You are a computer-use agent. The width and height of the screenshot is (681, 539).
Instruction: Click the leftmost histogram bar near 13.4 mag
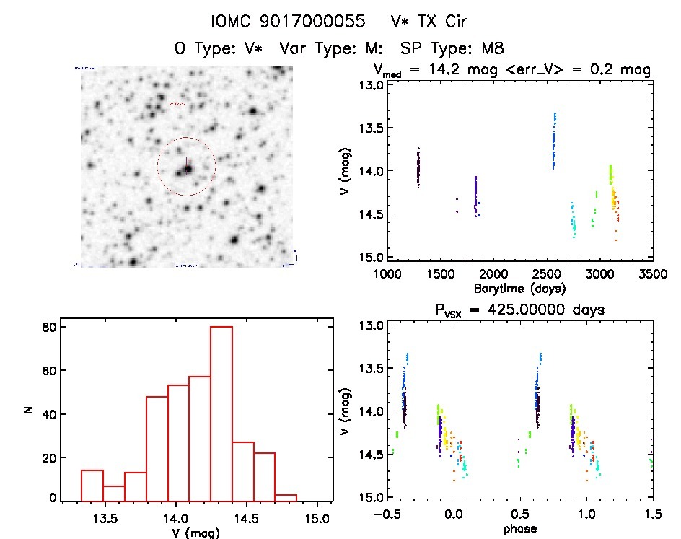[92, 485]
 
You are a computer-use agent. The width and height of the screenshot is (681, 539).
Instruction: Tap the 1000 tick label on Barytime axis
[387, 274]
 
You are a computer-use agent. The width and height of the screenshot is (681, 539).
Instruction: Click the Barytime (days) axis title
[519, 288]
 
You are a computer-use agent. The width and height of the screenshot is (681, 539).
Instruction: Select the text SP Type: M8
[452, 48]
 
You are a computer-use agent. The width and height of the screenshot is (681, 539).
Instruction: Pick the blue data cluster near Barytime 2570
[554, 141]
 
